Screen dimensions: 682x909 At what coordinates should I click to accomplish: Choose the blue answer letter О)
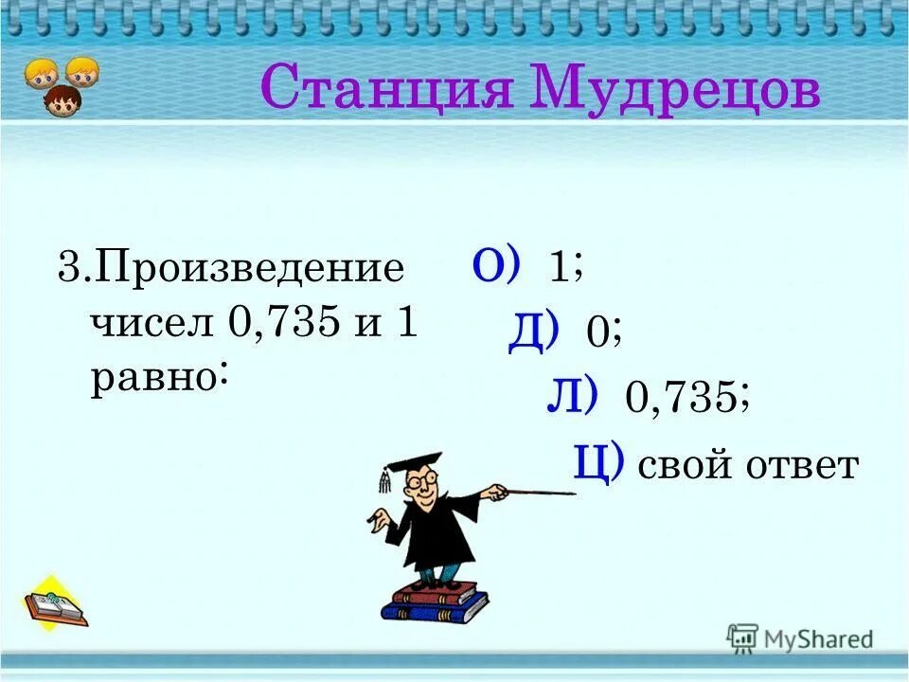tap(496, 265)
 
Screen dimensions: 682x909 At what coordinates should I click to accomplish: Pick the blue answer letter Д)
tap(533, 331)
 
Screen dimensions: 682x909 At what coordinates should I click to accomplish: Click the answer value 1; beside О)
tap(566, 269)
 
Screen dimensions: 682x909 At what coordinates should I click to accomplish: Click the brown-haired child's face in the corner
tap(62, 100)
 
